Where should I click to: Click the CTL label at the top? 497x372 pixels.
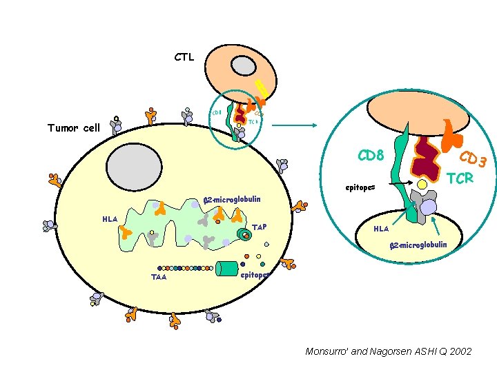[x=184, y=57]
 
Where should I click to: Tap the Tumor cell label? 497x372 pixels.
[x=73, y=127]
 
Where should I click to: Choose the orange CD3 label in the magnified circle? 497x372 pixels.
[x=474, y=159]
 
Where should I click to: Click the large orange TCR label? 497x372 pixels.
[x=460, y=178]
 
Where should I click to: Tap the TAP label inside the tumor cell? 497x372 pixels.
[x=260, y=227]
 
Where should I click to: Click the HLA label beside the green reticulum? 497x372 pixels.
[x=110, y=219]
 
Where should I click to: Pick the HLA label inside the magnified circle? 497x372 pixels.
[x=381, y=229]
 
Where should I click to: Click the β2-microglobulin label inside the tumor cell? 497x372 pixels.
[x=232, y=200]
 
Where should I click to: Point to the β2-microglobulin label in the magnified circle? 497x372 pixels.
[x=418, y=245]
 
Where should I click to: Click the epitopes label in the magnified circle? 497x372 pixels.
[x=360, y=187]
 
